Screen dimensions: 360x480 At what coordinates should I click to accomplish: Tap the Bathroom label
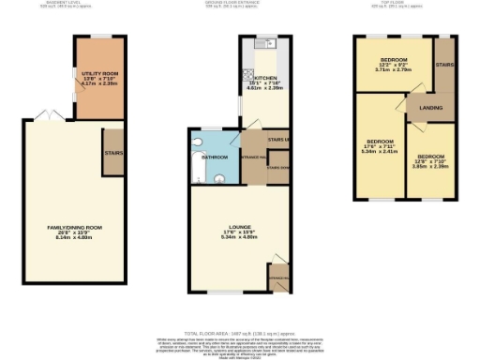[216, 157]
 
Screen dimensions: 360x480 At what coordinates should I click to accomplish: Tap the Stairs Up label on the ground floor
[278, 141]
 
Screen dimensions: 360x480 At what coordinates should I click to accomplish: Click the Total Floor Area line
[241, 333]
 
